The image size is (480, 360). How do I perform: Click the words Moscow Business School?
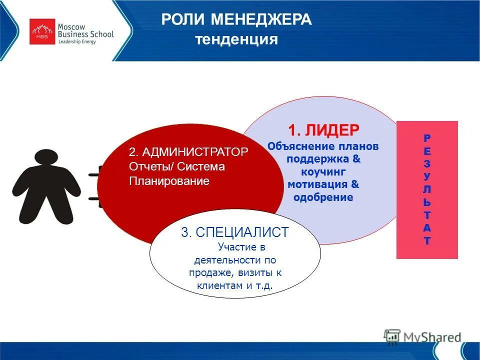(85, 30)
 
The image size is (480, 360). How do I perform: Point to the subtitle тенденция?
(236, 39)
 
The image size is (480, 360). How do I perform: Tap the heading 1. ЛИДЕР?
(324, 130)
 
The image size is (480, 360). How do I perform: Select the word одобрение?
(323, 197)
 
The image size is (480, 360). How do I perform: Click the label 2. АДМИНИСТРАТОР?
(188, 152)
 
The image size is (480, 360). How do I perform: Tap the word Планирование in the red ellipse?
(168, 180)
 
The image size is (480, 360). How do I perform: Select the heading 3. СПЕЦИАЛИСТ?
(235, 232)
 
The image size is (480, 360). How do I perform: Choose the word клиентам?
(218, 285)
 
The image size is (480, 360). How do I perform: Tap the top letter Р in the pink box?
(426, 137)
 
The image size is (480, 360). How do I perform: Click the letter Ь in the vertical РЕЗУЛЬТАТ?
(426, 202)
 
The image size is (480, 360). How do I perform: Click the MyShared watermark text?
(433, 337)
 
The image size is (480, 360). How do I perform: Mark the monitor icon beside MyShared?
(392, 335)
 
